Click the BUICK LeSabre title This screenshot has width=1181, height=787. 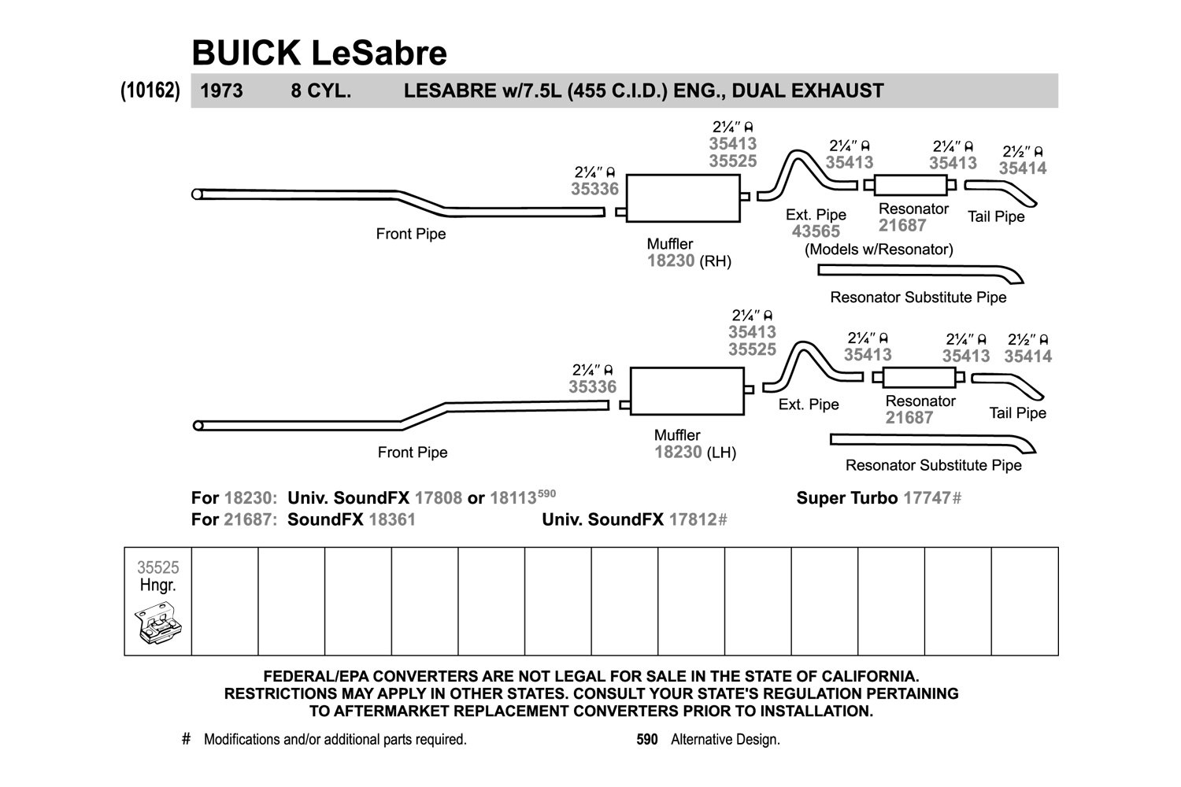coord(319,54)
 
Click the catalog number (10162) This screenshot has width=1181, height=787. coord(150,91)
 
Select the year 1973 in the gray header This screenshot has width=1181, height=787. coord(221,91)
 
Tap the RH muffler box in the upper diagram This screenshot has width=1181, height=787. coord(683,198)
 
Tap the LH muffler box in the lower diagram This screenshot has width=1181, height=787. coord(687,391)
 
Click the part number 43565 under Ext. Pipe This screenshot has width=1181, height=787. coord(816,231)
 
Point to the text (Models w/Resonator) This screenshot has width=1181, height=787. coord(879,249)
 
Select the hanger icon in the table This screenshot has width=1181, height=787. coord(157,623)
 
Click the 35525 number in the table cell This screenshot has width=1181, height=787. coord(158,567)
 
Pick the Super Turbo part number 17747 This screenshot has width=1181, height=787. coord(927,498)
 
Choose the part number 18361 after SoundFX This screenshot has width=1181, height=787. coord(392,519)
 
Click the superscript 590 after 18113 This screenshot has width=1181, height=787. coord(546,493)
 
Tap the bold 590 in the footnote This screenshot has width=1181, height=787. coord(647,740)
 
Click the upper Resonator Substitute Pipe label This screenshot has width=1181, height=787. coord(918,297)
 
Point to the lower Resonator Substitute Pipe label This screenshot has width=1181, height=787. coord(933,465)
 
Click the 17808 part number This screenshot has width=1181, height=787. coord(438,498)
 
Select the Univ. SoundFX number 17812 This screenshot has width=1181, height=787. coord(692,519)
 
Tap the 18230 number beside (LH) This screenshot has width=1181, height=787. coord(678,453)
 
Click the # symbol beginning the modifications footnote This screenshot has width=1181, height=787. coord(186,739)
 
